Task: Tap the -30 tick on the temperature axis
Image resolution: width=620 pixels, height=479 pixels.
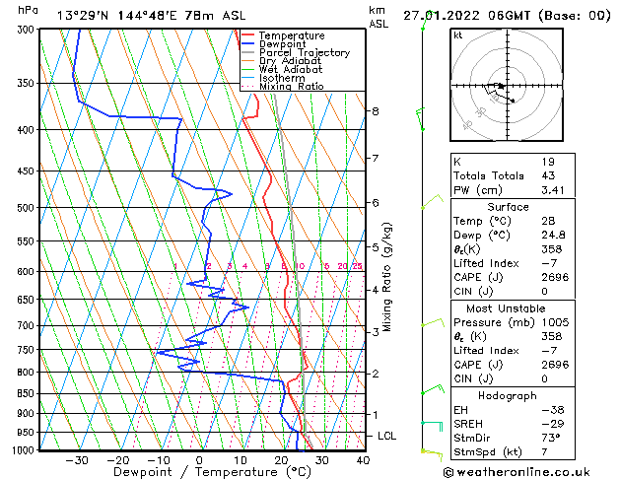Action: pyautogui.click(x=77, y=459)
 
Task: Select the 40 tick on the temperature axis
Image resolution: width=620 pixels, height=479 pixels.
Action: pyautogui.click(x=363, y=459)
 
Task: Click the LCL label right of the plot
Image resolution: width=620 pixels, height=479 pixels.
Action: pyautogui.click(x=387, y=436)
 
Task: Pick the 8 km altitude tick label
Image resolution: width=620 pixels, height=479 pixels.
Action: pyautogui.click(x=376, y=111)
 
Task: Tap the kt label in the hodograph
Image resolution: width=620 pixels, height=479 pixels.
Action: pyautogui.click(x=457, y=35)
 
